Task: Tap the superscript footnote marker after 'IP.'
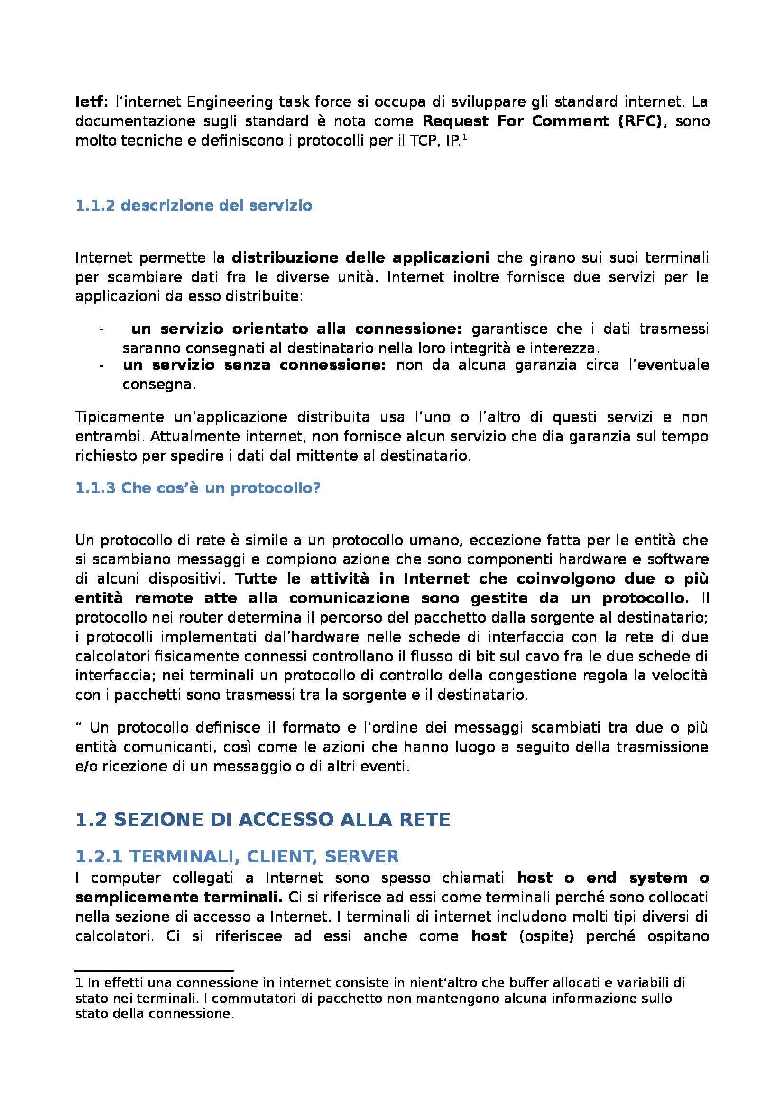465,137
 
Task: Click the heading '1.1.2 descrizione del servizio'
194,206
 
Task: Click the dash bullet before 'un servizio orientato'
101,330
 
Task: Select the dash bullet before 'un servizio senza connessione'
101,365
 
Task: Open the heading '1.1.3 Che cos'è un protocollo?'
198,488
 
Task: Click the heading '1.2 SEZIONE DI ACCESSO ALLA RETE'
263,820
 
